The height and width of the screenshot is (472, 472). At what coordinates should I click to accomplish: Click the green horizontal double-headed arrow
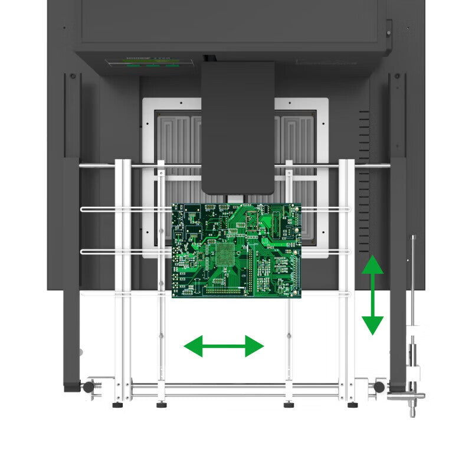[224, 346]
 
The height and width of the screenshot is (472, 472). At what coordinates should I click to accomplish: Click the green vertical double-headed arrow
[372, 295]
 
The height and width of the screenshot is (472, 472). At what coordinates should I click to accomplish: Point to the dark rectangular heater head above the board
[238, 127]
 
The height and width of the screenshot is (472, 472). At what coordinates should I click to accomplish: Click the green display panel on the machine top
[150, 61]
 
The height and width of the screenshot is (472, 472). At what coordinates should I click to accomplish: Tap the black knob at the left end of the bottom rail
[88, 387]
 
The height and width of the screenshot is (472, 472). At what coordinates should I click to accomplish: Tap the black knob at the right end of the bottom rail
[379, 387]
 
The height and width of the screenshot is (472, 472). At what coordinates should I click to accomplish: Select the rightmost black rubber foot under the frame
[352, 405]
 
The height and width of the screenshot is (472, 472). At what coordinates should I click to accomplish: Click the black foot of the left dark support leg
[72, 388]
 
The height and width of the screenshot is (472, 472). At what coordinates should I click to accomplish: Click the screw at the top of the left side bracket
[73, 77]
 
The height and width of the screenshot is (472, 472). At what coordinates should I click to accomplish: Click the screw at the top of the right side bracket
[396, 77]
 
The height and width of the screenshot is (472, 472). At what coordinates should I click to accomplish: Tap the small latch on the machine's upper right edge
[389, 28]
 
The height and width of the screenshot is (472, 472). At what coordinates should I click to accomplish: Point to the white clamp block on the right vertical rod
[415, 373]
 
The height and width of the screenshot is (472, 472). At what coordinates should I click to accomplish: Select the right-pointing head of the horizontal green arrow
[255, 346]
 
